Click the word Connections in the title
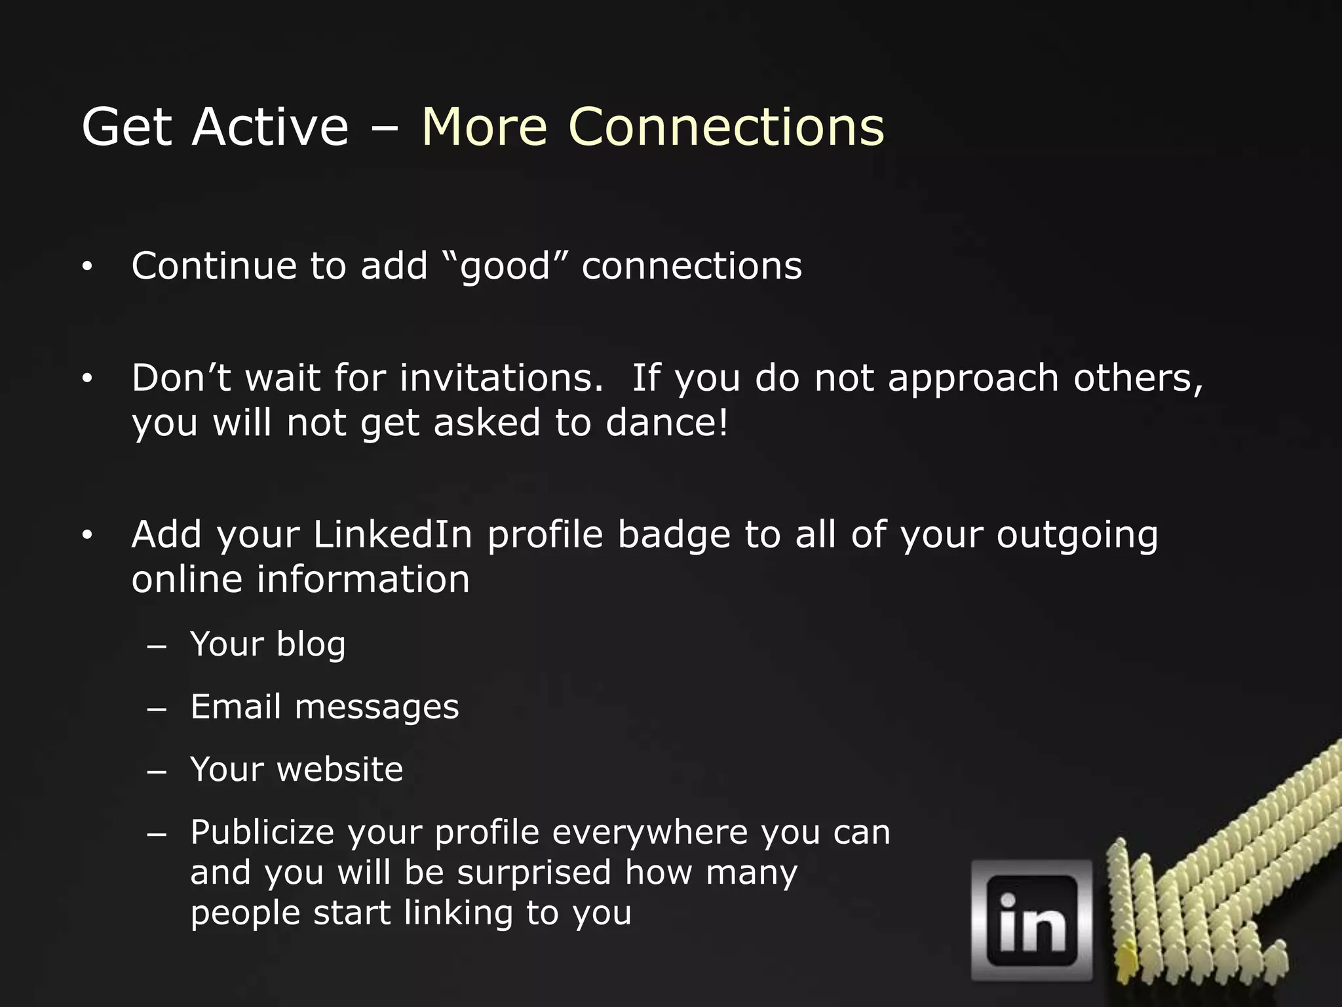click(726, 127)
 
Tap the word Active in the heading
click(270, 127)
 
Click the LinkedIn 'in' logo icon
click(1031, 920)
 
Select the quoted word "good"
click(505, 267)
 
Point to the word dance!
click(666, 423)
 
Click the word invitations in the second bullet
click(501, 378)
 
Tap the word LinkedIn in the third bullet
click(393, 534)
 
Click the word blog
click(311, 644)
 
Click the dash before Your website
click(157, 771)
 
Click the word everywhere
click(649, 833)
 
